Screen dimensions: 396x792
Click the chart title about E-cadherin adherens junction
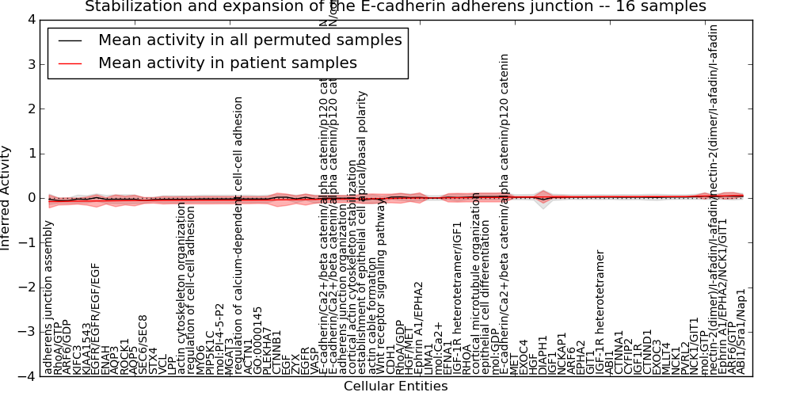pyautogui.click(x=395, y=7)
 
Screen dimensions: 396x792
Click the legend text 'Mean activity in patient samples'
pyautogui.click(x=227, y=63)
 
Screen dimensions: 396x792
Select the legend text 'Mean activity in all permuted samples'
pyautogui.click(x=249, y=40)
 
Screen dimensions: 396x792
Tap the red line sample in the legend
pyautogui.click(x=69, y=63)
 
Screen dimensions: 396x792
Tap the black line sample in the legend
pyautogui.click(x=69, y=40)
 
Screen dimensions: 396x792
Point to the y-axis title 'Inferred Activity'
pyautogui.click(x=7, y=198)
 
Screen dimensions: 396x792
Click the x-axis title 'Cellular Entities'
pyautogui.click(x=395, y=386)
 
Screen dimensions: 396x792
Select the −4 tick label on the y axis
pyautogui.click(x=26, y=377)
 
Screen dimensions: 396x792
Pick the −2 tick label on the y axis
pyautogui.click(x=26, y=287)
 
